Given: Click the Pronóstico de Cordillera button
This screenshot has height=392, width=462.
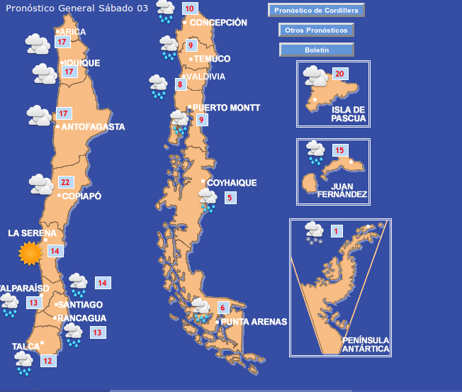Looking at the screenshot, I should pos(317,10).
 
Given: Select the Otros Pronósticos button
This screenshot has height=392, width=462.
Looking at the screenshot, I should pos(316,30).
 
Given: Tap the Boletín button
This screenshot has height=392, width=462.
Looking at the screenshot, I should pos(316,50).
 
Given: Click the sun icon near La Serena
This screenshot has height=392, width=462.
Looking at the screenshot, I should pos(30,253).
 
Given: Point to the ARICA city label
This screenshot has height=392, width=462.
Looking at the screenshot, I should pos(73,32).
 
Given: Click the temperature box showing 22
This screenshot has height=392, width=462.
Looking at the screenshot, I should pos(65,182).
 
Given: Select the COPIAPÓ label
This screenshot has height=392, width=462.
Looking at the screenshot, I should pos(81,196).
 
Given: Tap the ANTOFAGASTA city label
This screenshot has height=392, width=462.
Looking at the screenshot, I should pos(93,127).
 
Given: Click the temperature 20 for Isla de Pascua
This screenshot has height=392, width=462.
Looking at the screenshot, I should pos(339,74).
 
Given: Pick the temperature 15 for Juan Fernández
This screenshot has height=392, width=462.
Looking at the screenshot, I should pos(340,150).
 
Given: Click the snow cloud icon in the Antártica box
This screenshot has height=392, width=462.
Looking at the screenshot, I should pos(313,233).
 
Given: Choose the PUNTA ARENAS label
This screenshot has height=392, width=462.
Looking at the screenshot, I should pos(254,322).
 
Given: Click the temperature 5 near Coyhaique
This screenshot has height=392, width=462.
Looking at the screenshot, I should pos(229,198).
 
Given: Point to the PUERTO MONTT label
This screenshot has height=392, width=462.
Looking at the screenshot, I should pos(226,108).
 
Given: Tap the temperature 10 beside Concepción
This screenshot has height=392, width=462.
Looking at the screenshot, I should pos(189,9).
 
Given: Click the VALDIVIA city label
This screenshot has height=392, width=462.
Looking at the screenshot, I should pos(205,77).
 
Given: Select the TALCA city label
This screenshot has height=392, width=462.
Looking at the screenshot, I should pos(26,347).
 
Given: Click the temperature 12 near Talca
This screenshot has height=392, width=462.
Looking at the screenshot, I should pos(47,361).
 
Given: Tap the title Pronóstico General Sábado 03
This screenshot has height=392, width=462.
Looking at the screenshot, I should pos(77,8).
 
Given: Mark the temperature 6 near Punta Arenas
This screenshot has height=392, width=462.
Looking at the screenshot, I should pos(222,308).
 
